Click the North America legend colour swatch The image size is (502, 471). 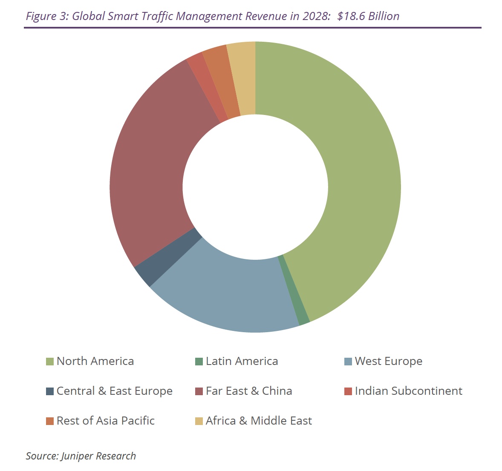click(x=50, y=362)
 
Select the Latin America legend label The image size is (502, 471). click(x=242, y=361)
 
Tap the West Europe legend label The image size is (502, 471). click(x=388, y=361)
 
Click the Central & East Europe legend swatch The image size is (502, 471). click(x=50, y=391)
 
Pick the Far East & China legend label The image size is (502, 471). click(x=249, y=391)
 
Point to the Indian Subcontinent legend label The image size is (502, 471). click(x=408, y=391)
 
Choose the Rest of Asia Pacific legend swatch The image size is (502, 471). click(x=50, y=421)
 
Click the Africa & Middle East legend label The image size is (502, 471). click(x=259, y=421)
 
